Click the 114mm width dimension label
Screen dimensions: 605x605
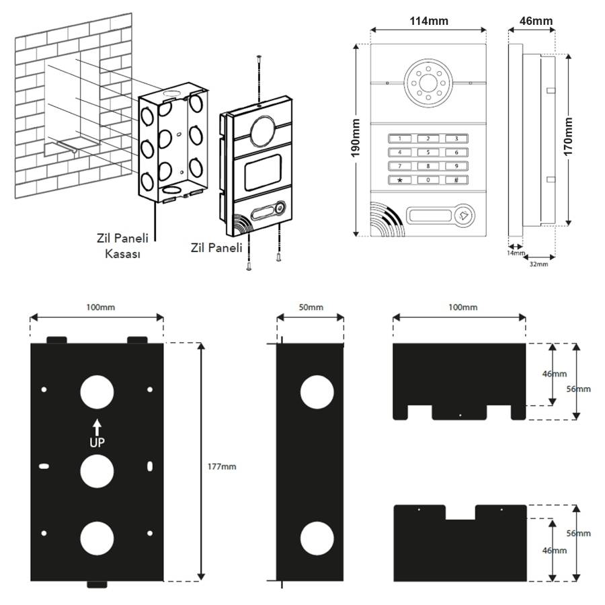pyautogui.click(x=429, y=21)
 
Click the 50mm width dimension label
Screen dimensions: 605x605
pyautogui.click(x=310, y=307)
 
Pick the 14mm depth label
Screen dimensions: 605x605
pyautogui.click(x=516, y=253)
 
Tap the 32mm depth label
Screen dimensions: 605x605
pyautogui.click(x=538, y=264)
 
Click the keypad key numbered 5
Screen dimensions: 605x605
pyautogui.click(x=428, y=152)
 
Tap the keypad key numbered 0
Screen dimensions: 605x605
pyautogui.click(x=428, y=180)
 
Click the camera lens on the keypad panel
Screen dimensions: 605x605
pyautogui.click(x=428, y=84)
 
